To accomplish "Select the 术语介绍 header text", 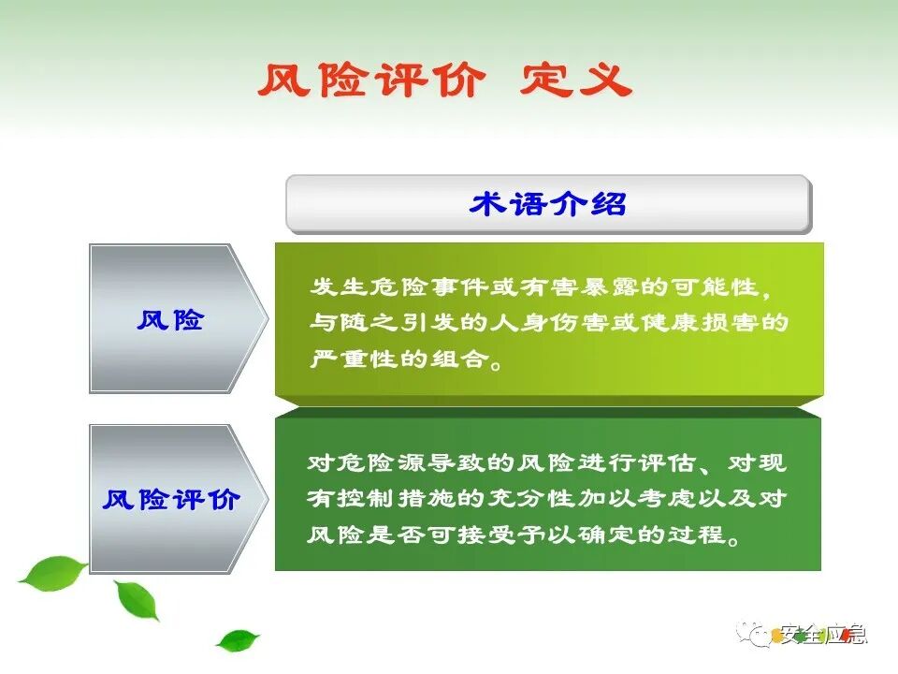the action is click(x=548, y=204).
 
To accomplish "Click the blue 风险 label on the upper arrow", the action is click(x=170, y=320).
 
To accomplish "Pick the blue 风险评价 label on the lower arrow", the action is click(x=170, y=499).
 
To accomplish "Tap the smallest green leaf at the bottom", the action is click(x=238, y=640).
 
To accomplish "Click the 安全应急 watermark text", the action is click(x=823, y=635).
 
